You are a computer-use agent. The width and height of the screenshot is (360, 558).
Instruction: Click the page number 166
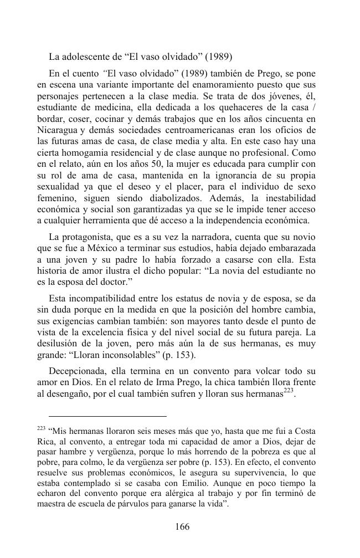pos(182,527)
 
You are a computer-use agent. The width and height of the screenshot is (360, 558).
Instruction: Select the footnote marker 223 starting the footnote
pos(41,429)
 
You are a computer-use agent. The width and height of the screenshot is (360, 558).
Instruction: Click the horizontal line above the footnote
pos(107,416)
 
